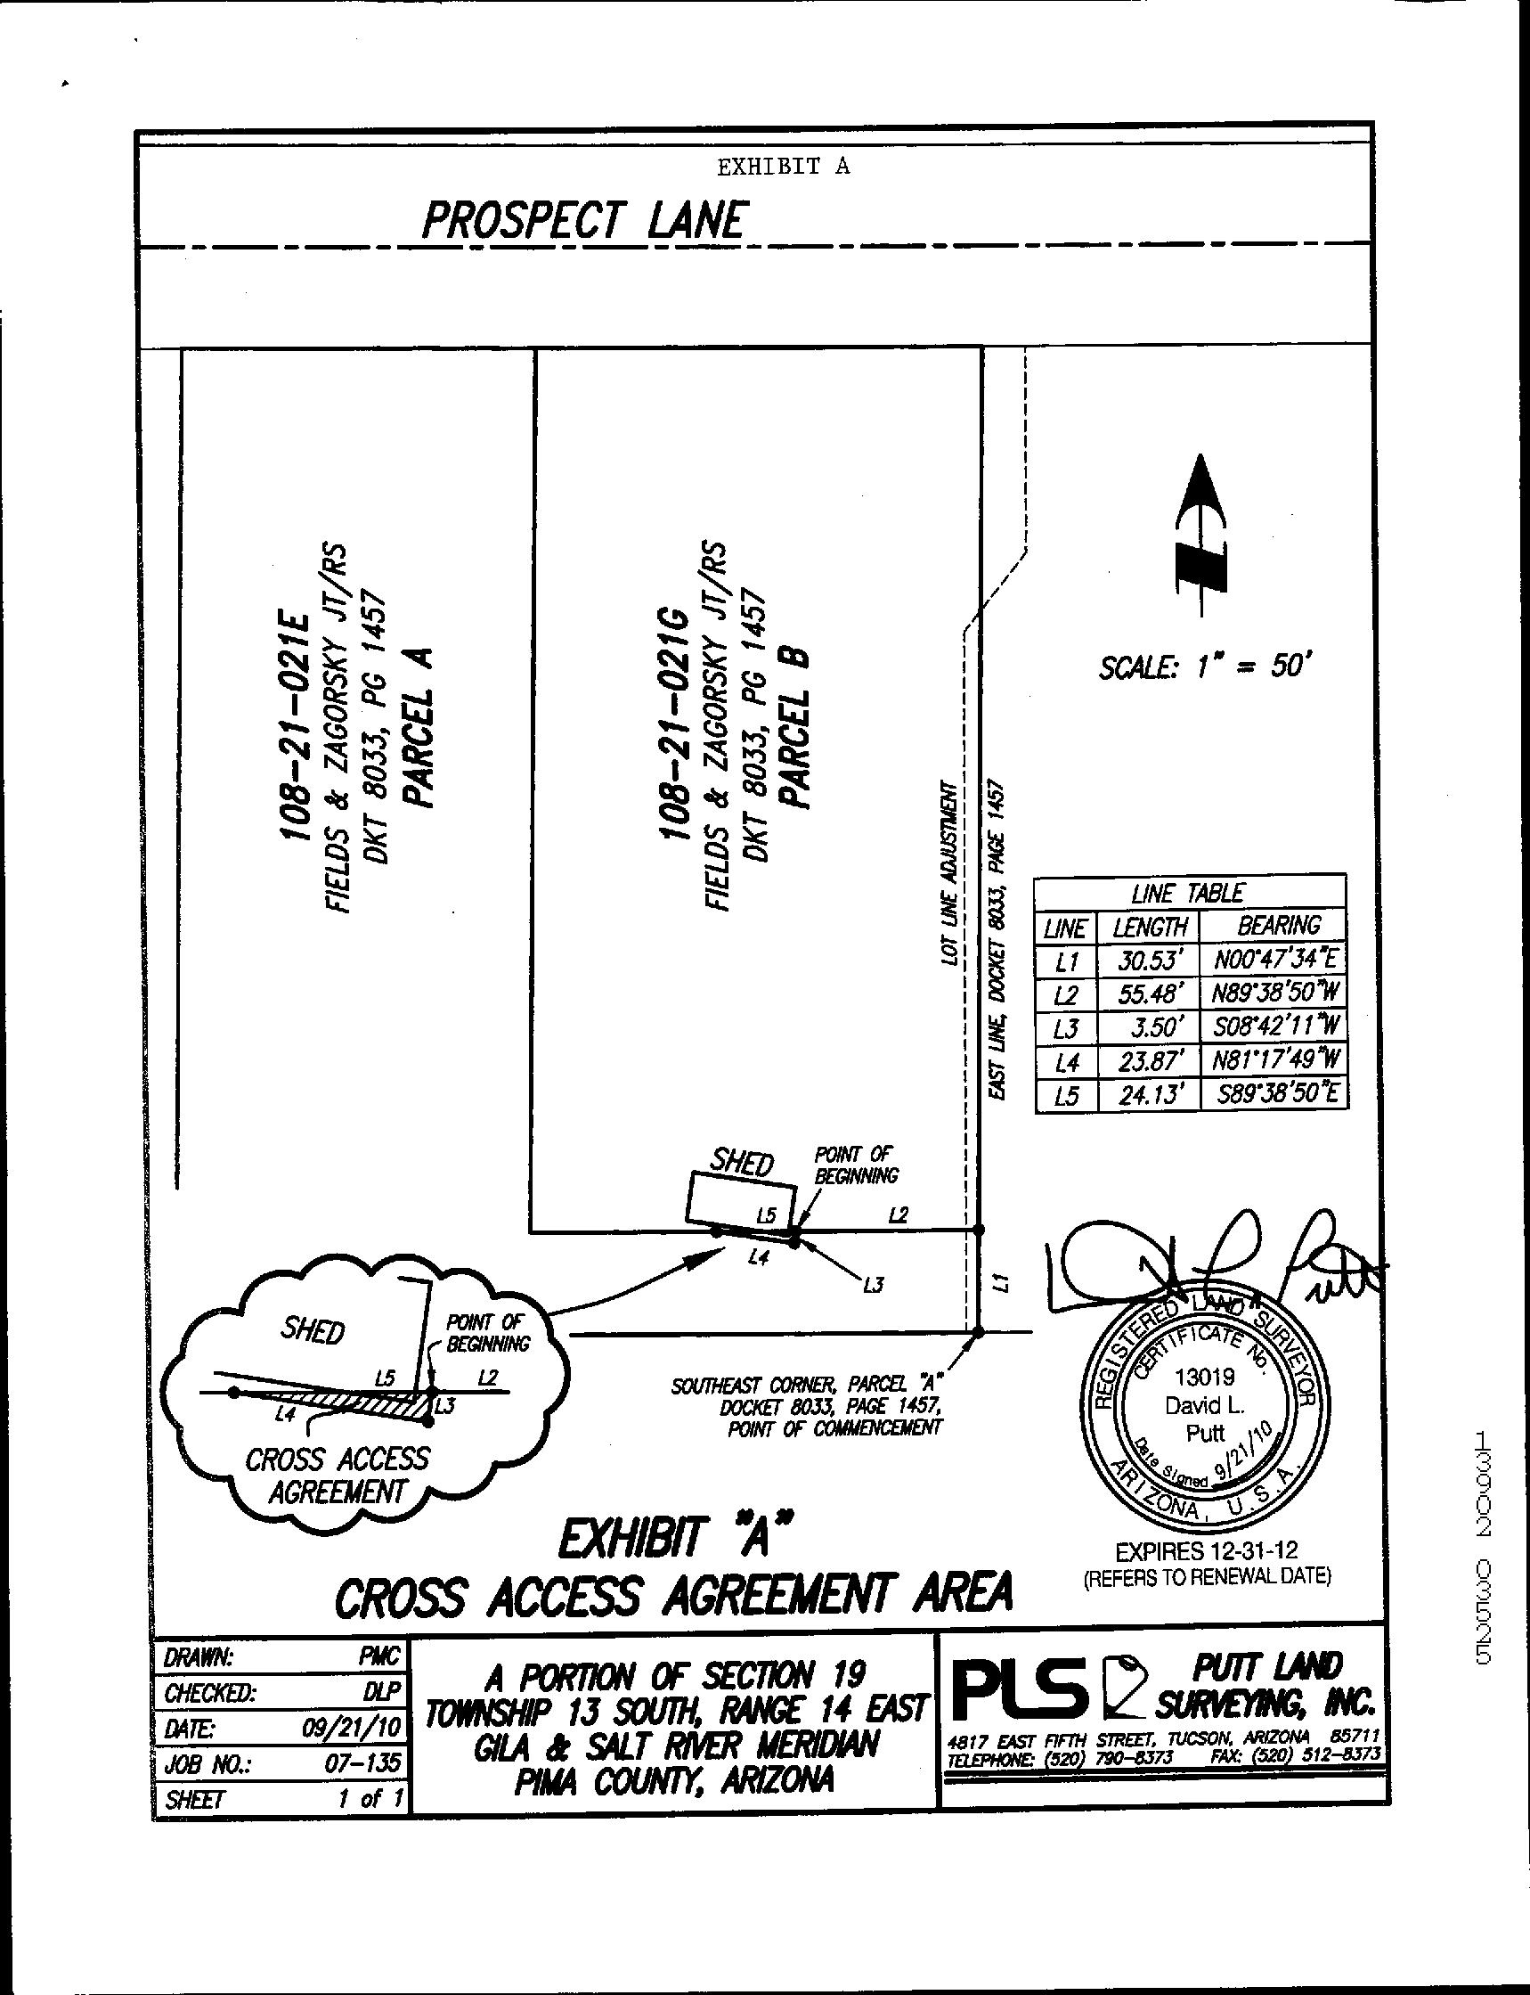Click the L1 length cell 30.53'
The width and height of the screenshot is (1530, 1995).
pos(1150,960)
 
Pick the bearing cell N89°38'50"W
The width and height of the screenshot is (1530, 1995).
pos(1278,992)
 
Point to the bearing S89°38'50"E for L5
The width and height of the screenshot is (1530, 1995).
pos(1278,1093)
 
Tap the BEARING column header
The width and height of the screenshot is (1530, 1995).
pos(1278,926)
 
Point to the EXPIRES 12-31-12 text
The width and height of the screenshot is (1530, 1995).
pos(1206,1549)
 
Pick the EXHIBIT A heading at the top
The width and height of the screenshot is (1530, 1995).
pos(782,167)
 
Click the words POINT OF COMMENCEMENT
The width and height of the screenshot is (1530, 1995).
pos(834,1428)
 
